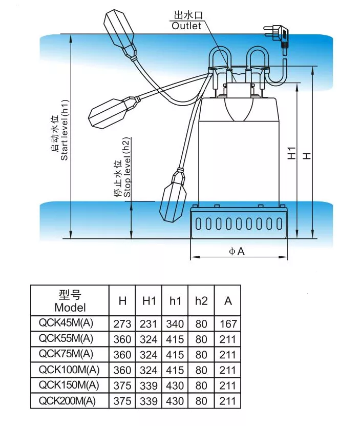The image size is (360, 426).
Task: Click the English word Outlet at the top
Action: [186, 26]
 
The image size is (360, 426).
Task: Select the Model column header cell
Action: [70, 301]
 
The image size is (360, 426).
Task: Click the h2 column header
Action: [201, 301]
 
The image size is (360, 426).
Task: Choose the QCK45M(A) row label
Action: [70, 323]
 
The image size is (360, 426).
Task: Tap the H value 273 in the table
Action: [123, 324]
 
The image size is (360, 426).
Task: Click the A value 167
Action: [228, 324]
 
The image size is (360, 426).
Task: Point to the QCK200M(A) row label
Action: [70, 400]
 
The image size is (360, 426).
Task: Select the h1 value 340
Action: [175, 324]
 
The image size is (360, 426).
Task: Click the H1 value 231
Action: [149, 324]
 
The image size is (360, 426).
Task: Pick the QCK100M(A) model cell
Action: [70, 370]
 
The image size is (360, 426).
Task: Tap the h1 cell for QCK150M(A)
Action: [175, 386]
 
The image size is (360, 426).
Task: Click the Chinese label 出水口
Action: [187, 16]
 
